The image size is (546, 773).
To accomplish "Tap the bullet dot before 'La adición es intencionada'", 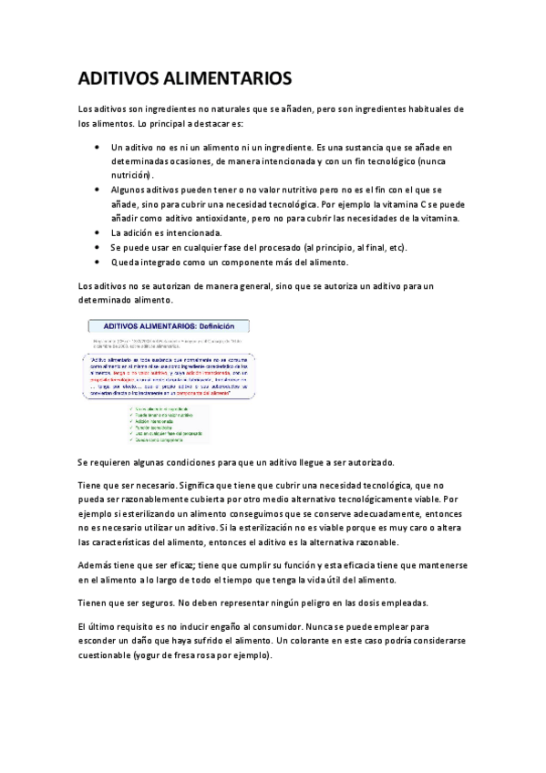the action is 98,233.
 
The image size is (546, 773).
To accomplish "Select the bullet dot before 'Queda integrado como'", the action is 98,263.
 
